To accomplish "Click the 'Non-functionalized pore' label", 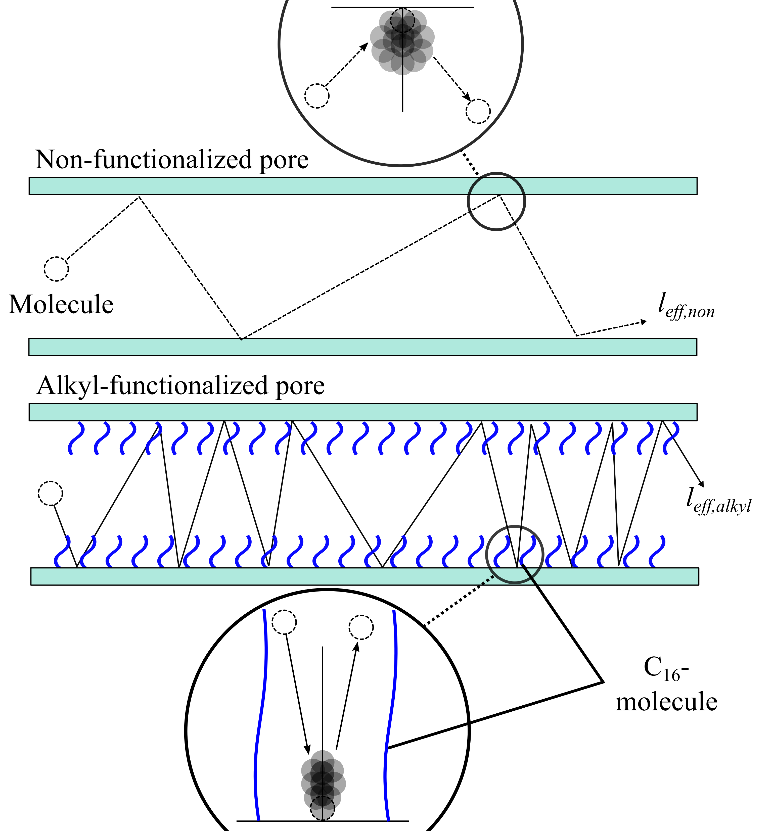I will coord(172,160).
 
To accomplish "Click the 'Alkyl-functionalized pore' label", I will coord(180,385).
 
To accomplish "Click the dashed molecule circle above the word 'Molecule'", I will coord(56,269).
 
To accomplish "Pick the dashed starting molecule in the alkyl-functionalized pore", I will coord(51,493).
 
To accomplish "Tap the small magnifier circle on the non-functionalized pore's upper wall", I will coord(496,201).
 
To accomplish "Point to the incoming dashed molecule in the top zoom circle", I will coord(317,96).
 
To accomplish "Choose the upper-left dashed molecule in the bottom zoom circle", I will coord(284,622).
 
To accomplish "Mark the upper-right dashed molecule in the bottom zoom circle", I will coord(361,627).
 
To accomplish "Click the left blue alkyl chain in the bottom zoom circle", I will coord(261,710).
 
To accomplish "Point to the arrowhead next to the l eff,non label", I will coord(644,322).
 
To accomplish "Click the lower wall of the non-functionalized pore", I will coord(362,347).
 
